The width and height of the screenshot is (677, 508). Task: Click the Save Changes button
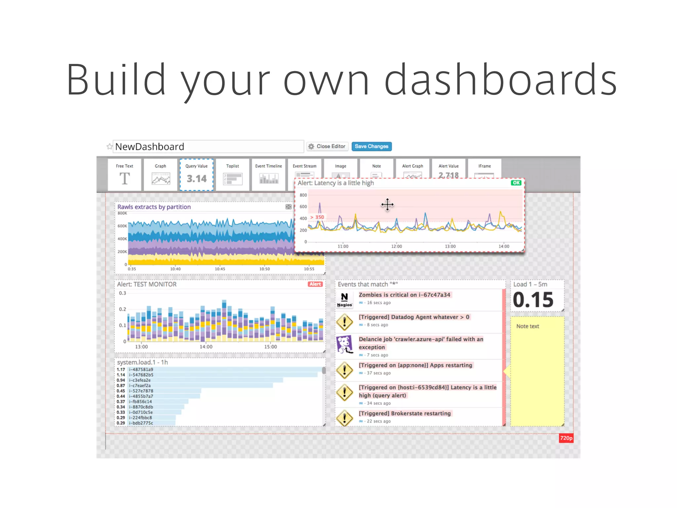click(371, 146)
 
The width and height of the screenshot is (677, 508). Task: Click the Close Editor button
click(327, 146)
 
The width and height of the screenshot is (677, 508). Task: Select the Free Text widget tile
click(125, 175)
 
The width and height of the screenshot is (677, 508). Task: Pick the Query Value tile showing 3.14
click(196, 175)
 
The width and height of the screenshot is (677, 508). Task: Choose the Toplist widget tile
click(232, 175)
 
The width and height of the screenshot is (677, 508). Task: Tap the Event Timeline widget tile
click(268, 175)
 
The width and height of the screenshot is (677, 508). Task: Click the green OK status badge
click(516, 183)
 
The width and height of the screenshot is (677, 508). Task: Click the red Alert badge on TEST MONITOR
click(315, 284)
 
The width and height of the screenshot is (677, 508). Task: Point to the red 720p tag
click(566, 438)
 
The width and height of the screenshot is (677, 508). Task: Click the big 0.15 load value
click(533, 300)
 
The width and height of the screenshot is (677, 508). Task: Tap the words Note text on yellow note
click(528, 326)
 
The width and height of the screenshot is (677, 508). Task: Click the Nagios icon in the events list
click(344, 300)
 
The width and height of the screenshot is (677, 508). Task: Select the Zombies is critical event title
click(404, 295)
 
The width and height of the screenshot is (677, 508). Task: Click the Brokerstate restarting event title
click(405, 413)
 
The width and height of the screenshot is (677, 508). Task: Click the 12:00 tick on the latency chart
click(396, 246)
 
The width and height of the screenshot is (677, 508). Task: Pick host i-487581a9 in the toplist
click(141, 369)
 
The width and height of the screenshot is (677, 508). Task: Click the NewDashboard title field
click(208, 147)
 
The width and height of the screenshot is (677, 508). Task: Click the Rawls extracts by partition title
click(154, 207)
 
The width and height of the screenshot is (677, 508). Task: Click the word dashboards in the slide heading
click(500, 80)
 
